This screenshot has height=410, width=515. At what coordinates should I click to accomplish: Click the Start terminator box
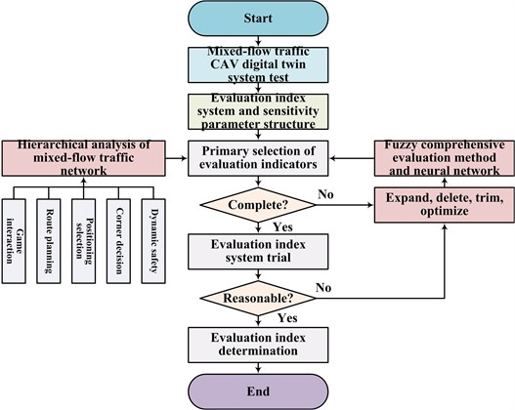point(258,18)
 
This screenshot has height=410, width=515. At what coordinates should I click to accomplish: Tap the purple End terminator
point(258,391)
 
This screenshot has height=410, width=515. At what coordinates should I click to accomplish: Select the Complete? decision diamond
point(258,205)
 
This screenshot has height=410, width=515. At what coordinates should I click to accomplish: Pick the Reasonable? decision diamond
point(258,298)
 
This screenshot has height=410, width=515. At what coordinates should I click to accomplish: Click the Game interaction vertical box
point(14,241)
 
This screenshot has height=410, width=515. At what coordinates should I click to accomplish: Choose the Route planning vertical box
point(49,241)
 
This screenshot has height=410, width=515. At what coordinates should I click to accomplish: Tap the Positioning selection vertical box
point(83,241)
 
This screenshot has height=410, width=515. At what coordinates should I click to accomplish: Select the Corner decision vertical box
point(118,241)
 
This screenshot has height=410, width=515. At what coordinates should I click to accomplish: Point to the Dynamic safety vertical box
point(153,241)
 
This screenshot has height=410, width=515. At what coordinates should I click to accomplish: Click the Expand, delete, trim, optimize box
point(445,205)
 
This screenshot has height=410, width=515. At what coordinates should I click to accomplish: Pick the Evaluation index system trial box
point(258,252)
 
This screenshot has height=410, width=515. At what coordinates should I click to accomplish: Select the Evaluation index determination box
point(258,345)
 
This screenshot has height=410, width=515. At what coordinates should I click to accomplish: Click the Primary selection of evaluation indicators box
point(258,158)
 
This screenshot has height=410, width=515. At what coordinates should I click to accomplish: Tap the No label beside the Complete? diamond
point(325,194)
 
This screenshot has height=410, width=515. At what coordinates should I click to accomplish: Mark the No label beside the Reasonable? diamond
point(323,288)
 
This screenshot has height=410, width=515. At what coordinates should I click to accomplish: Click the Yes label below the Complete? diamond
point(282,227)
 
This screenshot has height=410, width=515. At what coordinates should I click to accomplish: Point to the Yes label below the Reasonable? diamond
point(287,318)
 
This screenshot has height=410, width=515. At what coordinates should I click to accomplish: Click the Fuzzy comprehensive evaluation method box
point(445,158)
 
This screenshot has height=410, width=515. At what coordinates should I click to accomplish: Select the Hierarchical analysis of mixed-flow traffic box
point(83,158)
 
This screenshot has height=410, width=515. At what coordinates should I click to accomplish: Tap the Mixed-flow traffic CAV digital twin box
point(258,65)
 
